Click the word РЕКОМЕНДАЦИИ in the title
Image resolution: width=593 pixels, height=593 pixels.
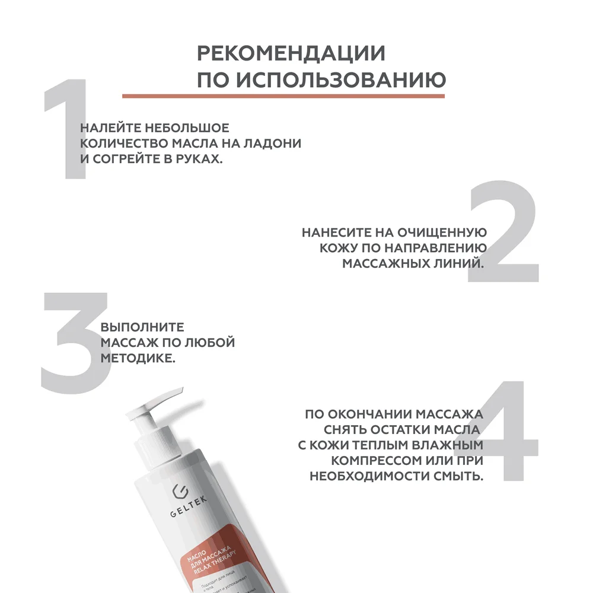(x=291, y=53)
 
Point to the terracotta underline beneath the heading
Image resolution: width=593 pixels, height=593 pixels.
(x=283, y=95)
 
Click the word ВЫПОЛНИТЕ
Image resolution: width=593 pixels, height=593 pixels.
(x=142, y=327)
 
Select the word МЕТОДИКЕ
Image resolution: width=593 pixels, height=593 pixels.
(x=138, y=359)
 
